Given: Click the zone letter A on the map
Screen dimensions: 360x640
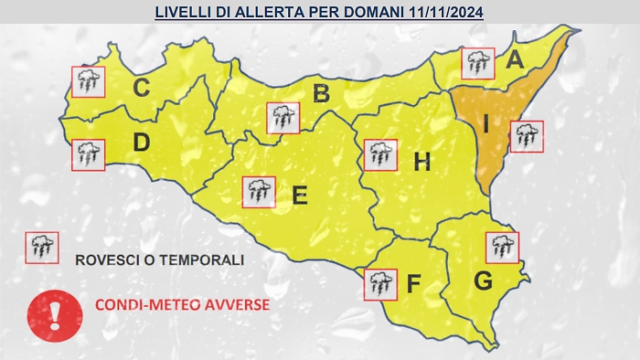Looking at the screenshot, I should point(515,61).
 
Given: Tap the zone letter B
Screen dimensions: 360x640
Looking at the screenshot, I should point(320,92).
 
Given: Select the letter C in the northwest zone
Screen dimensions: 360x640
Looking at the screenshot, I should point(141,88).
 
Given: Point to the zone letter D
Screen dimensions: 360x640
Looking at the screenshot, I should point(141,143).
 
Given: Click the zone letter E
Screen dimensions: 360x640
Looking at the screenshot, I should point(299,195).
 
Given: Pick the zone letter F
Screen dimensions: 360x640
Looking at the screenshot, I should point(413,284).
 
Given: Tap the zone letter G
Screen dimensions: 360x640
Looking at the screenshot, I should point(483,281).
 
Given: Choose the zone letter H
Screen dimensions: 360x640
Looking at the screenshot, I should point(421,163).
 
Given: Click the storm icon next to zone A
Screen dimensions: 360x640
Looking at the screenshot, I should point(476,63).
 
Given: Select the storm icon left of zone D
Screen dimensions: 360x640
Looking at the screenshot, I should point(89,154).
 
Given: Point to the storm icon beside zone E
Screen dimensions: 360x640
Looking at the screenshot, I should point(259,192).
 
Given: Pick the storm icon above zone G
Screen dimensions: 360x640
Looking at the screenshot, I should point(502,247).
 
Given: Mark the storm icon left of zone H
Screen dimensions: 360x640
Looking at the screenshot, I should point(379,155).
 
